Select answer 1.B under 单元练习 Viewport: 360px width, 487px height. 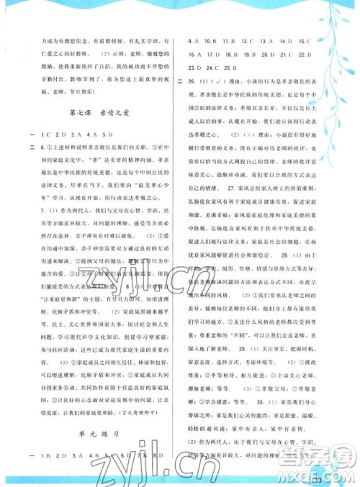[32, 455]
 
